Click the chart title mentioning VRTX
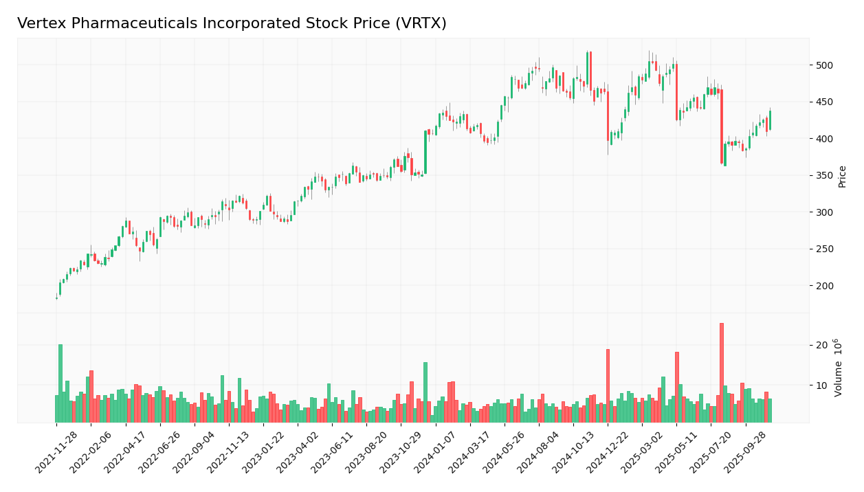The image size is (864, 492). (232, 23)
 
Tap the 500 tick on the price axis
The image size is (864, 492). (823, 65)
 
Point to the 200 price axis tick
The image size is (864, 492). (823, 286)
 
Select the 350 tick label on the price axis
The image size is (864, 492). (823, 175)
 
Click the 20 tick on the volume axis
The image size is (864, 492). (821, 345)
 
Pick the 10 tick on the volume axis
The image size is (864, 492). (821, 385)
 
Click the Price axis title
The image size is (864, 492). (842, 176)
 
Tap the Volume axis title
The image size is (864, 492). (839, 367)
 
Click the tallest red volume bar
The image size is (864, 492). (721, 372)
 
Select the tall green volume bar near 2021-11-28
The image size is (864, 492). (60, 383)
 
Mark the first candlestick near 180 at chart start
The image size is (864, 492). (56, 298)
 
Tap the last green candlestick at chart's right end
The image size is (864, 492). (770, 120)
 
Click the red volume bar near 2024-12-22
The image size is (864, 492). (608, 385)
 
